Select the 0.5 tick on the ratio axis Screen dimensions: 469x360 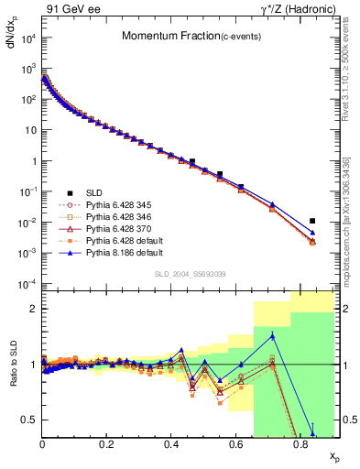[32, 420]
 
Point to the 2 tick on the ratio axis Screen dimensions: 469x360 [35, 310]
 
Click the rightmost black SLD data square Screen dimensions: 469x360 [312, 221]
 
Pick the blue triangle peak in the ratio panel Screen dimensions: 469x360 [272, 336]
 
